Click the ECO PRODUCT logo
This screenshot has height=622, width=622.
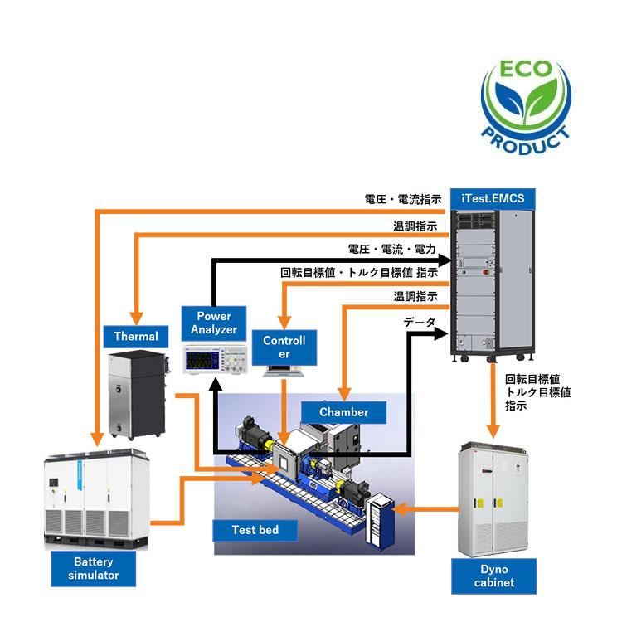[527, 99]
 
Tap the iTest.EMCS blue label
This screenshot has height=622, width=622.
[493, 198]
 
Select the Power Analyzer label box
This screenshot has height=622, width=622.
[213, 322]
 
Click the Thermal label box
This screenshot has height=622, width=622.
[135, 336]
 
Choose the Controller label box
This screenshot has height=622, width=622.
[284, 347]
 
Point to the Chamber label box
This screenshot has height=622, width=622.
[345, 411]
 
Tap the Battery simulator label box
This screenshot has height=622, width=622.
[90, 568]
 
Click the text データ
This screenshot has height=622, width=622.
[419, 321]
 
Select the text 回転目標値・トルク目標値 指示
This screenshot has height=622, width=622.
[359, 272]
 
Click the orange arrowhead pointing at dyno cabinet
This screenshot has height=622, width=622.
[493, 430]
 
